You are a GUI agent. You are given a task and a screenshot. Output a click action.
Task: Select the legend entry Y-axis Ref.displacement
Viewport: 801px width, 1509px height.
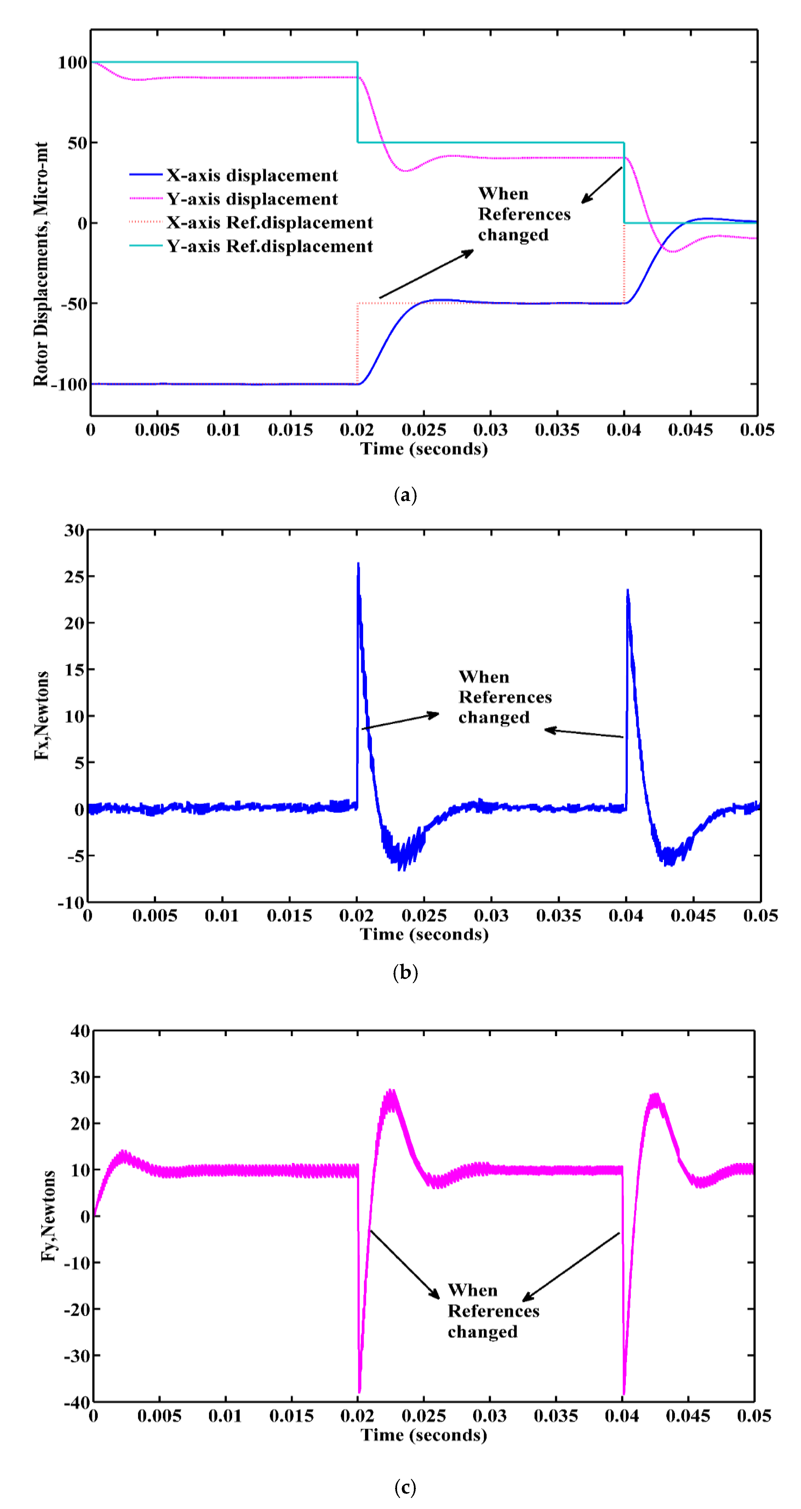click(270, 246)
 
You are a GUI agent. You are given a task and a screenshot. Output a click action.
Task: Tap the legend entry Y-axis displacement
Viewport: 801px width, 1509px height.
click(252, 199)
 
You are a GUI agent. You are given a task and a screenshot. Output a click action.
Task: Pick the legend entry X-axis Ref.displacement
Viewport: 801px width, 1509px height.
click(270, 223)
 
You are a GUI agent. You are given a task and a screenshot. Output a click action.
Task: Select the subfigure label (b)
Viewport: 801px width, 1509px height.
click(405, 972)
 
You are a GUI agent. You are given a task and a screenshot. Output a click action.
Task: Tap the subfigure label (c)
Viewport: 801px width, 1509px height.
click(405, 1487)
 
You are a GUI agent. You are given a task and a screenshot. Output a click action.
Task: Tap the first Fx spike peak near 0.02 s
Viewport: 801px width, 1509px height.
click(358, 564)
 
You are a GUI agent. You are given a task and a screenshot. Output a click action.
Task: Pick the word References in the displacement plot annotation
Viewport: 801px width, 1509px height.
click(524, 215)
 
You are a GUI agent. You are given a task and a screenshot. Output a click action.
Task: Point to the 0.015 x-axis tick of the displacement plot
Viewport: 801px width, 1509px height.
click(290, 430)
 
